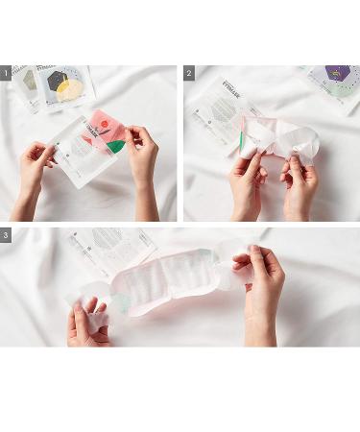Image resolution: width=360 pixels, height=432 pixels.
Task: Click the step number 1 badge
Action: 6,73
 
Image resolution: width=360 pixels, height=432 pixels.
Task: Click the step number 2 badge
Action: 189,73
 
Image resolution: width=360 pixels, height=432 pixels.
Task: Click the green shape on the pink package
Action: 115,147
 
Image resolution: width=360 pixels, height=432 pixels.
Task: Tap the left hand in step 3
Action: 88,322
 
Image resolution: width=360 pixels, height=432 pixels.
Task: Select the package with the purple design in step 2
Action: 331,82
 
